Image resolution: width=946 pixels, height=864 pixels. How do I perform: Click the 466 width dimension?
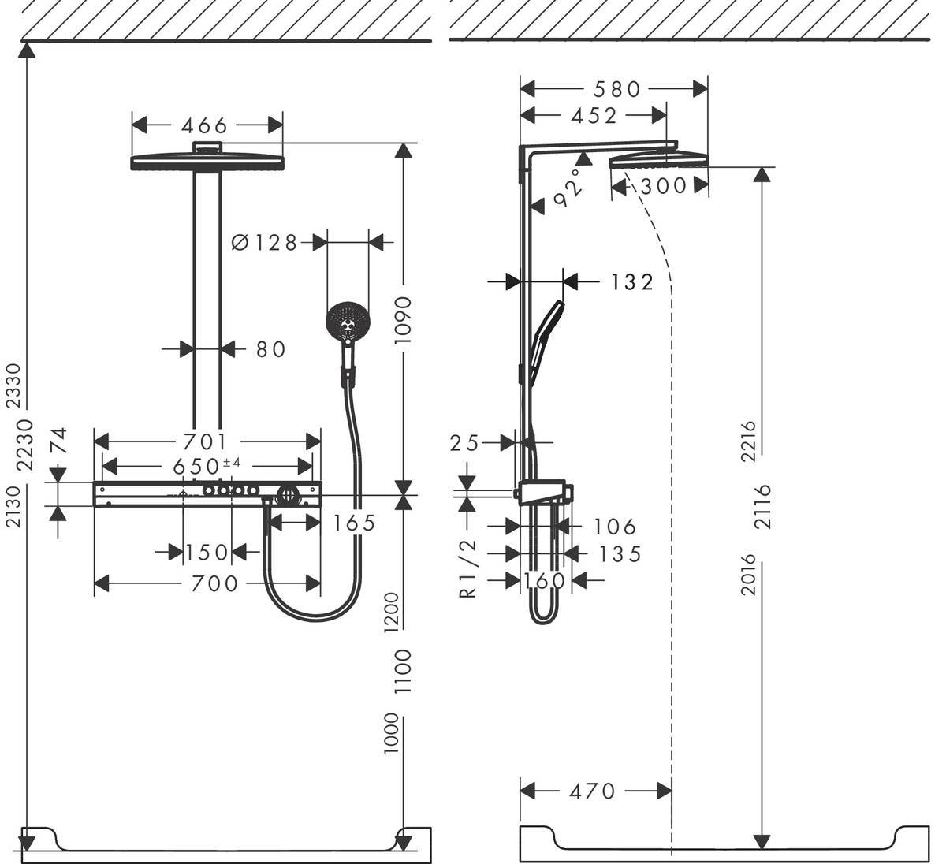(204, 125)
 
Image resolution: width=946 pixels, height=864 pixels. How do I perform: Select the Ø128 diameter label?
(265, 243)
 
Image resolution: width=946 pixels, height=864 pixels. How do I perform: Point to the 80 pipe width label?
(270, 348)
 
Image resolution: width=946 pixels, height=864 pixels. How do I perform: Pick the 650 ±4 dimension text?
(207, 466)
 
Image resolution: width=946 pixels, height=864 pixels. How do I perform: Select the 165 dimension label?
(354, 523)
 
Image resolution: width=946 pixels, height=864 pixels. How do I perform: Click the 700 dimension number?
(214, 583)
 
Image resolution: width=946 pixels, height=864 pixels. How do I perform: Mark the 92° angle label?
(571, 188)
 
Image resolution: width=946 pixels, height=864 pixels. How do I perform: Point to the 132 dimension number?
(632, 281)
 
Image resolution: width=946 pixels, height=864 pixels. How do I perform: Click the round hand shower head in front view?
(347, 322)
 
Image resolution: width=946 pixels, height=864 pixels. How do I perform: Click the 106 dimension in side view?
(614, 526)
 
